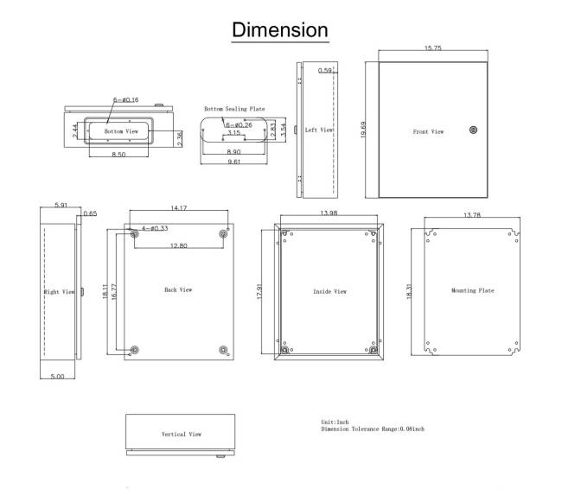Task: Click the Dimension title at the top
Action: (x=280, y=29)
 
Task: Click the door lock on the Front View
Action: (x=473, y=130)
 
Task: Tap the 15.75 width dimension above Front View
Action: (x=433, y=48)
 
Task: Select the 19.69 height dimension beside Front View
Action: (x=363, y=130)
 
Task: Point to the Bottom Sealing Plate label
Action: (x=234, y=109)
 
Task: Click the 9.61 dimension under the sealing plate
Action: (x=234, y=162)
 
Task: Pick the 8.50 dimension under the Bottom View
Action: (x=118, y=155)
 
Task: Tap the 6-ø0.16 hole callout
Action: (x=126, y=99)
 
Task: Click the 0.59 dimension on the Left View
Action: (x=325, y=70)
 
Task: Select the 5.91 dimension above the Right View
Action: (x=61, y=205)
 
